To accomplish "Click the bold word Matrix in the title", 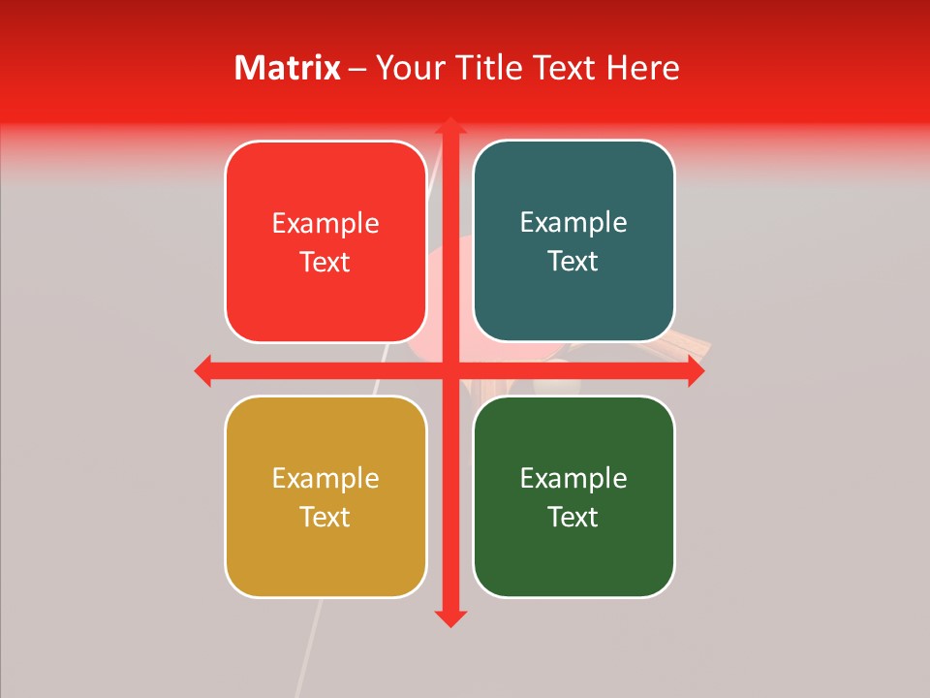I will (x=288, y=68).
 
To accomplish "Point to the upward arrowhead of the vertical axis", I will (x=449, y=127).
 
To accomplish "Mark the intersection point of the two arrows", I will (x=449, y=370).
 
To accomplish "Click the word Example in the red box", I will (x=325, y=224).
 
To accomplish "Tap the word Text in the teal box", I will (x=573, y=262).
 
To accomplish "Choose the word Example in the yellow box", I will (x=325, y=479).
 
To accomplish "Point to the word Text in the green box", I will (x=573, y=517).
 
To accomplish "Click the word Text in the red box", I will (x=325, y=263).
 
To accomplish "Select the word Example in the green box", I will (x=573, y=479).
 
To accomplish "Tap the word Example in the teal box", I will (x=573, y=223).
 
